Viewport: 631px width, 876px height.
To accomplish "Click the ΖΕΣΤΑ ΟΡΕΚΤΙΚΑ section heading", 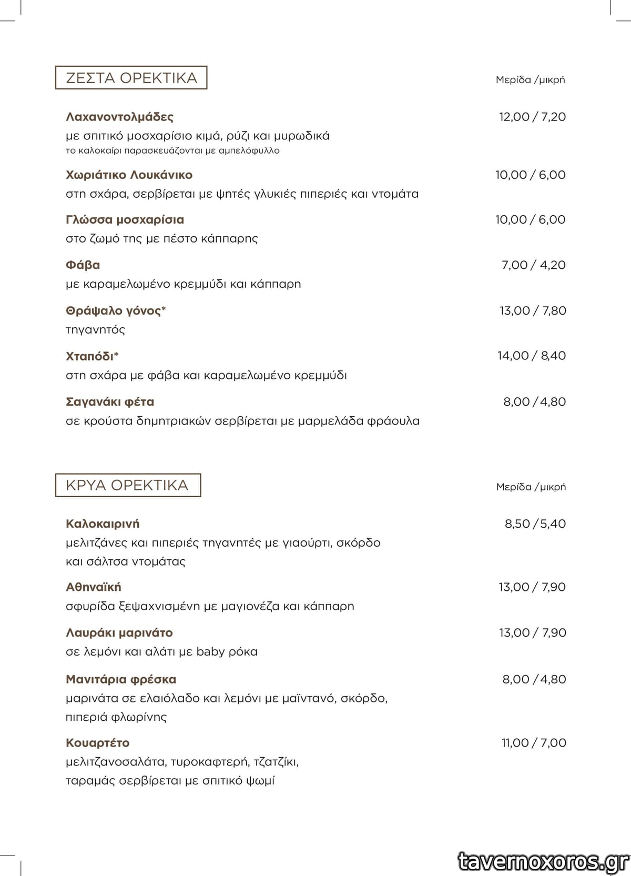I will (x=131, y=78).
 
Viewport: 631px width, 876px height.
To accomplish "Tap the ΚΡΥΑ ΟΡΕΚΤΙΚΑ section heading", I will (x=127, y=485).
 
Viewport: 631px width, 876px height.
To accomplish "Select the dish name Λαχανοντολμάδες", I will (x=119, y=116).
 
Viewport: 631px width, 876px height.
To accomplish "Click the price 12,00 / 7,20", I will (x=532, y=117).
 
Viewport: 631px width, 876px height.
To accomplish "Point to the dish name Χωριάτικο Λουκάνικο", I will (x=129, y=175).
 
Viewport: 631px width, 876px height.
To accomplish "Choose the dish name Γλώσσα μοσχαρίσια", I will (x=125, y=219).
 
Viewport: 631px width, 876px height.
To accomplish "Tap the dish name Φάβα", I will (x=83, y=265).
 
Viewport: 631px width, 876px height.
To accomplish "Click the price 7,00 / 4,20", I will (x=533, y=265).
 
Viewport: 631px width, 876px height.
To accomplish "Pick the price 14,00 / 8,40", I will (x=532, y=356).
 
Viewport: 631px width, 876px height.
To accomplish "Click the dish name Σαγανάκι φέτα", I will (x=110, y=402).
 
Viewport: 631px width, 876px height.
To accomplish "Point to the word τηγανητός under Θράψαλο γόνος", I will (x=95, y=330).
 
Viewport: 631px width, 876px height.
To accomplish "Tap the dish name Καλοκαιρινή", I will (x=103, y=523).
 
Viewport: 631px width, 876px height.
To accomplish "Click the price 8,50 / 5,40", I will (x=535, y=523).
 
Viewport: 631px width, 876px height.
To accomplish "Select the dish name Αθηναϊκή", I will (x=93, y=587).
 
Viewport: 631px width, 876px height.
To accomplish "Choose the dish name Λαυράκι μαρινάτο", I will (x=119, y=632).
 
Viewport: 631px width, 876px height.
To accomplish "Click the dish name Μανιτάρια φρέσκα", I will (x=121, y=679).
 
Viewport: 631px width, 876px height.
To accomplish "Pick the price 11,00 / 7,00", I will (x=533, y=743).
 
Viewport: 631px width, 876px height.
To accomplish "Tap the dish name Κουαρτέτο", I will (x=97, y=743).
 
